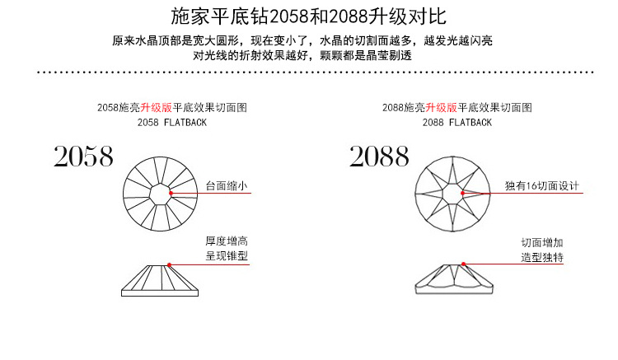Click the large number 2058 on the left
pos(83,156)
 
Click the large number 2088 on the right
pos(379,156)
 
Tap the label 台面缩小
pos(227,186)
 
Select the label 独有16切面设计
pos(543,186)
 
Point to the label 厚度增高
pos(227,241)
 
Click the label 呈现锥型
pos(227,256)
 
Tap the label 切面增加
pos(542,243)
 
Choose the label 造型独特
pos(542,258)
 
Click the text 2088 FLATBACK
pos(456,122)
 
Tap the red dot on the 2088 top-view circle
pos(464,193)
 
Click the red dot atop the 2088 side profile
pos(462,264)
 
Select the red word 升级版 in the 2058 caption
pos(156,108)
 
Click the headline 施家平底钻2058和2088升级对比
pos(308,16)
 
